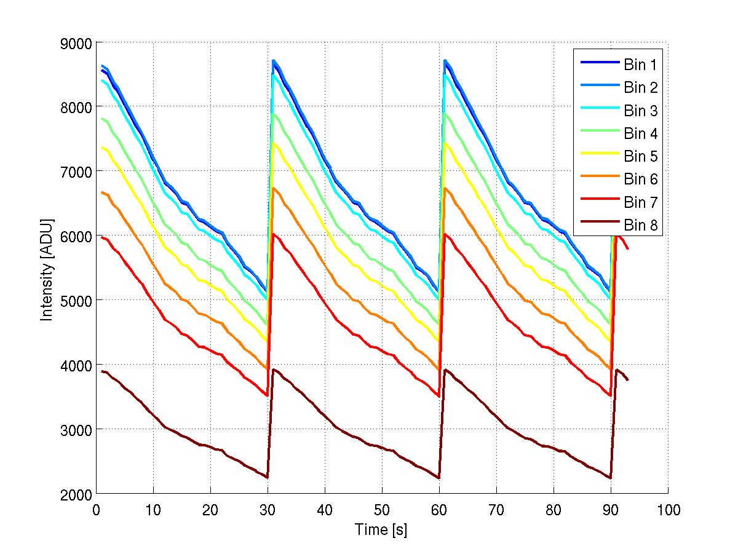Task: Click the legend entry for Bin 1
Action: pos(641,65)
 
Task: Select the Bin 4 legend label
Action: pos(641,133)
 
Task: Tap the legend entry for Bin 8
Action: pos(641,226)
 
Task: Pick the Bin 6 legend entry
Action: pos(641,180)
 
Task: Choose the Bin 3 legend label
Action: pos(641,111)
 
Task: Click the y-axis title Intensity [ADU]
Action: pos(46,268)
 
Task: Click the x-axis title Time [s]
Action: pos(381,529)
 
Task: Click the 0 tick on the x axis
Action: pos(97,510)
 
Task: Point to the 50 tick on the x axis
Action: pos(382,510)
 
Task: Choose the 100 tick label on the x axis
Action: pos(668,510)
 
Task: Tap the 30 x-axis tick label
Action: pos(268,510)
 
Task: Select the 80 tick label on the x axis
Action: pos(553,510)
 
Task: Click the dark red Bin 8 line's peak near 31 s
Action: pos(273,370)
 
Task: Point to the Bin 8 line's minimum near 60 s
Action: pos(439,478)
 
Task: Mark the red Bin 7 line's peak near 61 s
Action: pos(445,234)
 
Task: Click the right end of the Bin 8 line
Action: pos(628,380)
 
